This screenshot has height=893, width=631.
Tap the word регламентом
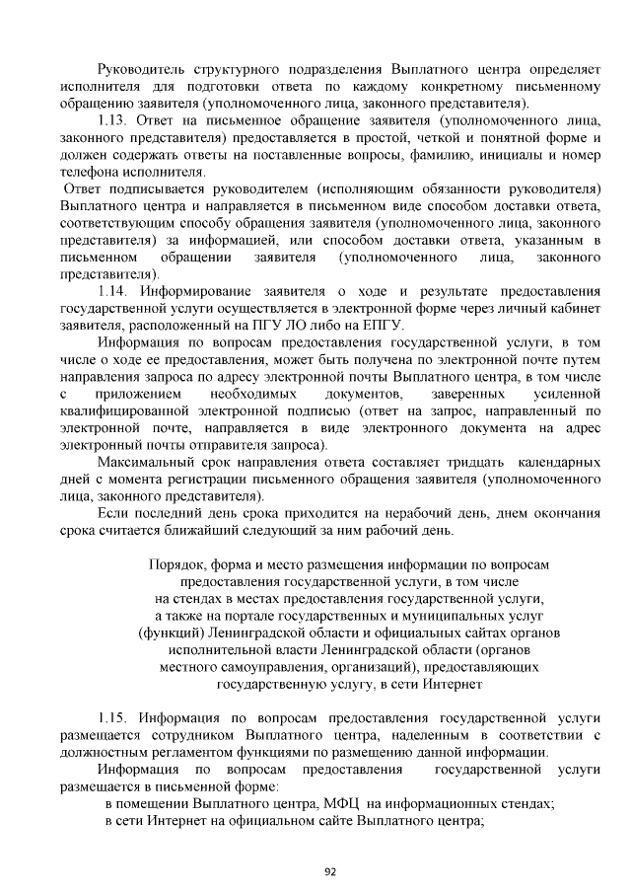(169, 751)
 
